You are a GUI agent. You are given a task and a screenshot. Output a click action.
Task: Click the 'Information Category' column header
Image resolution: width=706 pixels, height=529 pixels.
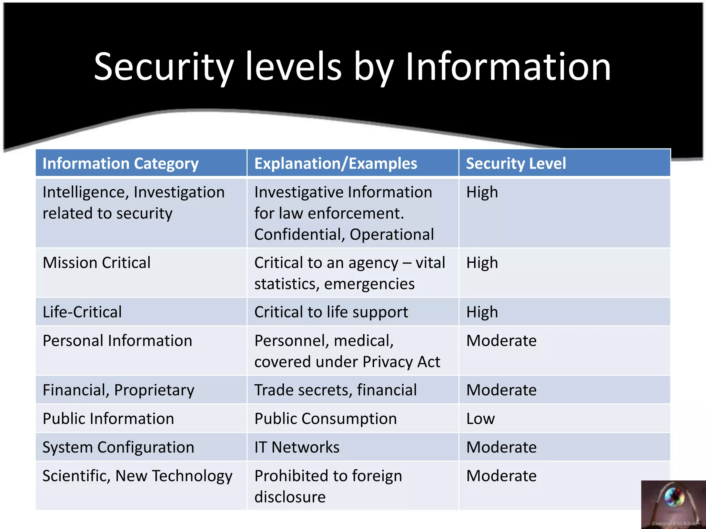coord(120,164)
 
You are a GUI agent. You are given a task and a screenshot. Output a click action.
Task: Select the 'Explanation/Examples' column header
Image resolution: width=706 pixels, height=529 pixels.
coord(335,164)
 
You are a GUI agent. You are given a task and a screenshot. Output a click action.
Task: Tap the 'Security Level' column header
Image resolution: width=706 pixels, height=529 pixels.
coord(516,164)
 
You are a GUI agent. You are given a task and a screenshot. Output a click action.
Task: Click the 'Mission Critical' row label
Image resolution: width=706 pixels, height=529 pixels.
coord(97,263)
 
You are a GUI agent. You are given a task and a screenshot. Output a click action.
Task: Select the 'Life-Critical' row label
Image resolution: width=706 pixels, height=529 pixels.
coord(82,312)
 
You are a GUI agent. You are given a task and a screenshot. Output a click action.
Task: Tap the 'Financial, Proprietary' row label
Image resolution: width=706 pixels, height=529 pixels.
coord(118,390)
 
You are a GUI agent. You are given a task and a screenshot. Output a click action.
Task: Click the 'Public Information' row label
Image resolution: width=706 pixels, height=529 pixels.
coord(108,419)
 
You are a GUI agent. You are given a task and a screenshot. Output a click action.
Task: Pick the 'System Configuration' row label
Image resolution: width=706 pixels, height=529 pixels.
coord(118,447)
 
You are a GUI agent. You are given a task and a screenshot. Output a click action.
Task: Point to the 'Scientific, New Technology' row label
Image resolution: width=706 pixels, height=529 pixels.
coord(137,476)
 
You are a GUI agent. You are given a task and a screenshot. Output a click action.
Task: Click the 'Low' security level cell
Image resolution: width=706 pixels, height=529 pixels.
coord(480,419)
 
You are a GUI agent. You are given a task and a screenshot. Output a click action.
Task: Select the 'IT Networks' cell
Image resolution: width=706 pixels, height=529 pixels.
coord(297,447)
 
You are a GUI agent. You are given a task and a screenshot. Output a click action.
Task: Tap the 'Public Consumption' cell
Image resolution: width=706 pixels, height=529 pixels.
coord(325,419)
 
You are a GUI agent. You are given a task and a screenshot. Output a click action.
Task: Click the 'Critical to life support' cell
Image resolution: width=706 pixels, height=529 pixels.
coord(331,312)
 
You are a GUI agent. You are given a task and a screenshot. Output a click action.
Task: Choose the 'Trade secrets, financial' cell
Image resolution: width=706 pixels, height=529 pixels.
coord(335,390)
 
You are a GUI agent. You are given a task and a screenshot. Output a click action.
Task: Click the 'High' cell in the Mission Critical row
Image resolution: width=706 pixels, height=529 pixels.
coord(482,263)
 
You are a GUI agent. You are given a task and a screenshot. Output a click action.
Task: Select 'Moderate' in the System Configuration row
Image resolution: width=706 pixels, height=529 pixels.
coord(501,447)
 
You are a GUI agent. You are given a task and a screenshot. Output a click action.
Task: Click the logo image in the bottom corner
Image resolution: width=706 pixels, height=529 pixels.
coord(673,505)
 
